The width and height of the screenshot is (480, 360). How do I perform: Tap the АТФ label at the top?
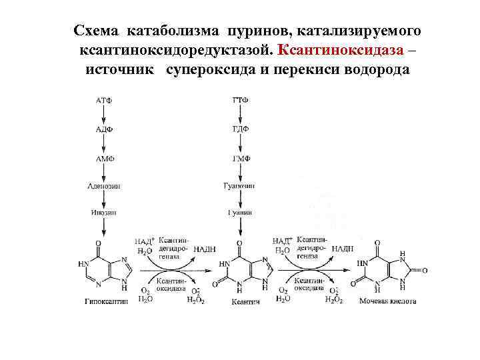click(x=104, y=100)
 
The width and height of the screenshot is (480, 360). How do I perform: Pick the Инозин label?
click(x=104, y=213)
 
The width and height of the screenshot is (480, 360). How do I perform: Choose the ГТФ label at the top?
click(x=241, y=100)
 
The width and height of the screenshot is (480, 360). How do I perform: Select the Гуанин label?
click(x=241, y=213)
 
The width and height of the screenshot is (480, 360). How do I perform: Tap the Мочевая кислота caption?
click(x=387, y=301)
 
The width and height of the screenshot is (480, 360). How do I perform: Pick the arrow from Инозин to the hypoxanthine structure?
click(x=104, y=227)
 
